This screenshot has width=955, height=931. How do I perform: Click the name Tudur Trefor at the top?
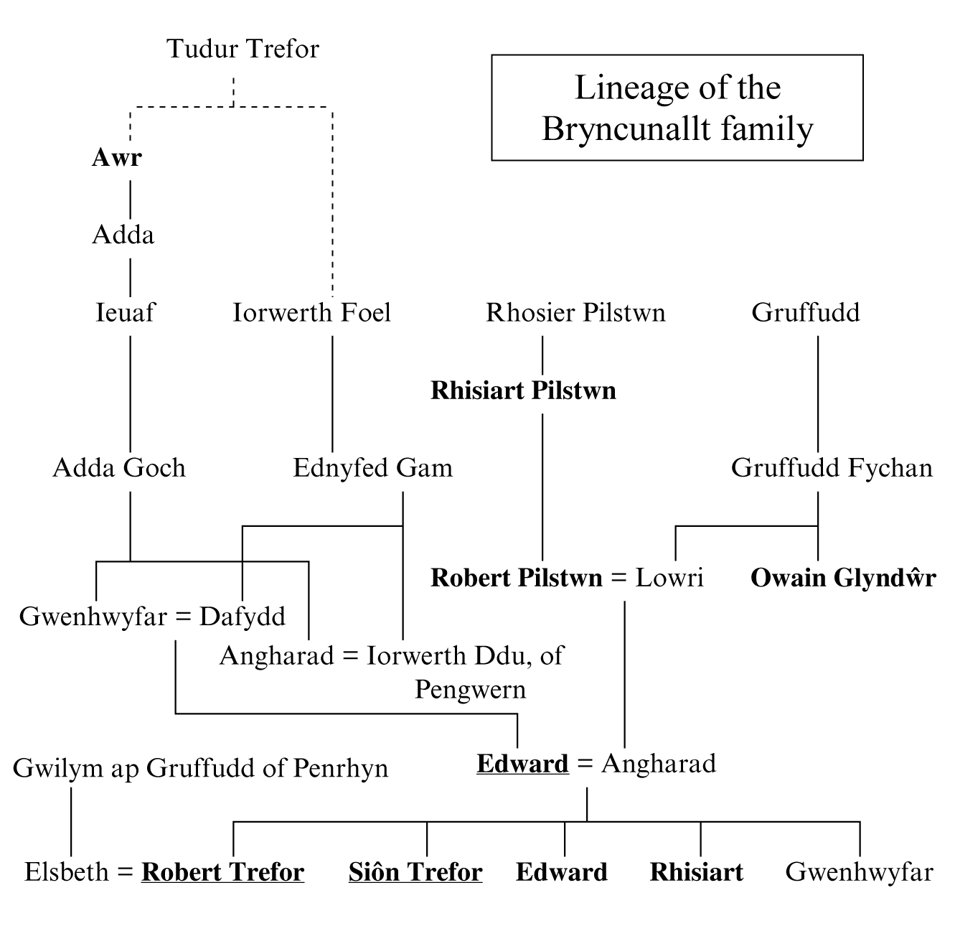243,49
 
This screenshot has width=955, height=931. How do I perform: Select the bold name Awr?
117,158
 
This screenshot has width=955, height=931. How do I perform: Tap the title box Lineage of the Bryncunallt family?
677,108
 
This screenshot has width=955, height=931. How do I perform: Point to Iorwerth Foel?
312,313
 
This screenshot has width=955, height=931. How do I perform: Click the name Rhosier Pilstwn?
575,313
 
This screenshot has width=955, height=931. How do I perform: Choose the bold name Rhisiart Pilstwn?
523,390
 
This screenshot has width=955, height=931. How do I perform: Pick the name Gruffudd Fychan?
832,468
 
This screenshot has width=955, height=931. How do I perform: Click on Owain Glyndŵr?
843,578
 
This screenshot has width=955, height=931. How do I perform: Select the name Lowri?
669,578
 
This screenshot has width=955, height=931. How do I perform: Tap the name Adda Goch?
119,468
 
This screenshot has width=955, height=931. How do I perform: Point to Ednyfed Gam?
373,468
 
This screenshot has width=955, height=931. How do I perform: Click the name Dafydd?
243,617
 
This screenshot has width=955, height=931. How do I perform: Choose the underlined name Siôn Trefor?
415,872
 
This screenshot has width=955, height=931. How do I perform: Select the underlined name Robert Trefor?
223,872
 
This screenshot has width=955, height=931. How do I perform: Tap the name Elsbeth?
67,872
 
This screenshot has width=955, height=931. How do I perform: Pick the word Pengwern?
471,690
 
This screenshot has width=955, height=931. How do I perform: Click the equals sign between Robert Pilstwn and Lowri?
619,578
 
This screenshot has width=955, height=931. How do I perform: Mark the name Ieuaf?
125,313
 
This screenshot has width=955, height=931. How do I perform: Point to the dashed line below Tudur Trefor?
233,92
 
